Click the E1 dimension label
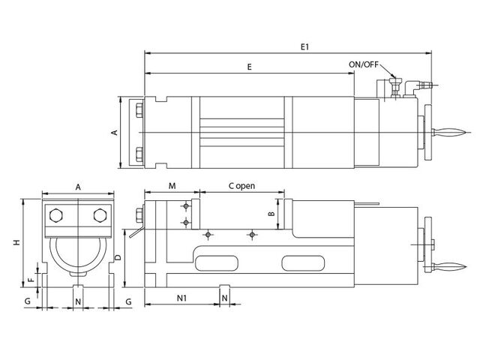[x=304, y=46]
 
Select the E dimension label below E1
[x=249, y=67]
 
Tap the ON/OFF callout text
[x=363, y=64]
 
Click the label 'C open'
[x=241, y=186]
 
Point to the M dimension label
[x=172, y=186]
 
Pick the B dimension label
[x=271, y=214]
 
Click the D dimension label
[x=118, y=257]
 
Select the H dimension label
[x=16, y=242]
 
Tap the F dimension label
[x=30, y=280]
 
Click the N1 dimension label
[x=181, y=298]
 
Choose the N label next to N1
[x=224, y=298]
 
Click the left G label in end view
[x=28, y=301]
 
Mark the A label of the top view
[x=114, y=132]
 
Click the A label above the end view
[x=78, y=187]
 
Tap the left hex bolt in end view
[x=56, y=216]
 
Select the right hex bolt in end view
[x=100, y=216]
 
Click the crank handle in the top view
[x=450, y=132]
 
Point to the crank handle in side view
[x=450, y=267]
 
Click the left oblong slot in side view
[x=217, y=263]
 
